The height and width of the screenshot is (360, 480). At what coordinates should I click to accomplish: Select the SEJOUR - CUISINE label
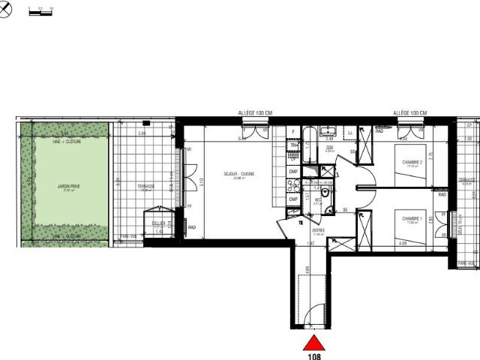click(x=238, y=175)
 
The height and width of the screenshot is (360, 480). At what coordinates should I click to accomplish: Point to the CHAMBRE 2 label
click(x=412, y=162)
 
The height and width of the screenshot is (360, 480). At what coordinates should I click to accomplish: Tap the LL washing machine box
click(x=351, y=133)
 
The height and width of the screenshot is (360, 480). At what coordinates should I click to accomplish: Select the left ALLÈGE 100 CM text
click(x=255, y=112)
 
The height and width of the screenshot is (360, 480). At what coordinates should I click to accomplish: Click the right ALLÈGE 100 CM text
click(x=409, y=112)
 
